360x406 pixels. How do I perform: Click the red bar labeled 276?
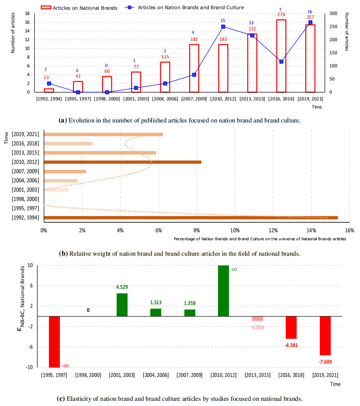pyautogui.click(x=281, y=56)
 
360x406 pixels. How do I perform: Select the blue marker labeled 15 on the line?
pyautogui.click(x=223, y=27)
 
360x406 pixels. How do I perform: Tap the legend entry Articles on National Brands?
pyautogui.click(x=81, y=7)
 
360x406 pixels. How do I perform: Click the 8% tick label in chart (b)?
pyautogui.click(x=196, y=230)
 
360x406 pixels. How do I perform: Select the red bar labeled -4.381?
pyautogui.click(x=291, y=327)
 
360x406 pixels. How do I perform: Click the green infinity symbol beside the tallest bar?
pyautogui.click(x=234, y=270)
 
